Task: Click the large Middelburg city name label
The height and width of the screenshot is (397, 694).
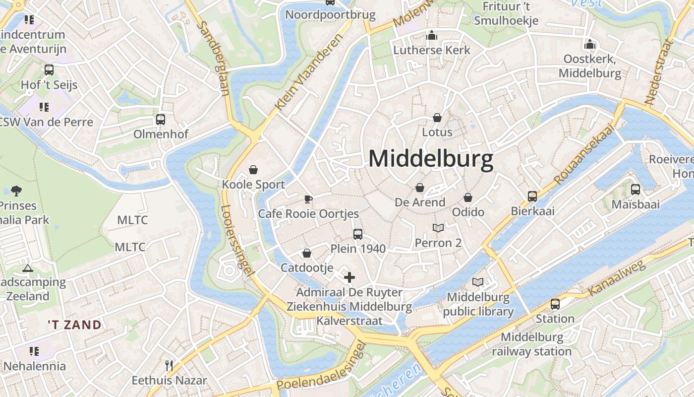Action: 431,159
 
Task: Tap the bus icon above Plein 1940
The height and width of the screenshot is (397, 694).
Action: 357,234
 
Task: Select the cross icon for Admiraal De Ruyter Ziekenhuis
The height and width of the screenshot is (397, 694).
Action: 349,277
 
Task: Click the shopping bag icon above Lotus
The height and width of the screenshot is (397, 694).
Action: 437,118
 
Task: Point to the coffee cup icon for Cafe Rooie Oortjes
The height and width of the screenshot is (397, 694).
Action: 308,199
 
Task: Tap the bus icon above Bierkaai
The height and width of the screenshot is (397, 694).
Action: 532,197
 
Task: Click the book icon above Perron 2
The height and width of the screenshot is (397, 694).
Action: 438,228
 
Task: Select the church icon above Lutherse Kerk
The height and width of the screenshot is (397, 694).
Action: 432,36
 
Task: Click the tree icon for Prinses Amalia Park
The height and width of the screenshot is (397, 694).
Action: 16,191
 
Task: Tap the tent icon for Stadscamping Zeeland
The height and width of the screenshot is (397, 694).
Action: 28,268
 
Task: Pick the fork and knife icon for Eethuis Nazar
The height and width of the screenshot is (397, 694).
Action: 169,366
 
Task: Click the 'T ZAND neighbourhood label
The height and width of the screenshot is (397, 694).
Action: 75,325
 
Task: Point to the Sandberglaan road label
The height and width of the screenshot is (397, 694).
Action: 215,59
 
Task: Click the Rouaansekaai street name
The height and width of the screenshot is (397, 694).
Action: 584,154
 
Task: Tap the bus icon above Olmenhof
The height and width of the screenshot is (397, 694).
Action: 161,120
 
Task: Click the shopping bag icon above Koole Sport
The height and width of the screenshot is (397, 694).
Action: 253,170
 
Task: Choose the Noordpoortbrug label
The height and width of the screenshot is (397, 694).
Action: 330,15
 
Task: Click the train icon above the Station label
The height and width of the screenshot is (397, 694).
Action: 555,304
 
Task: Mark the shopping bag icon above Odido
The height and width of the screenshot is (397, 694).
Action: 468,198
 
